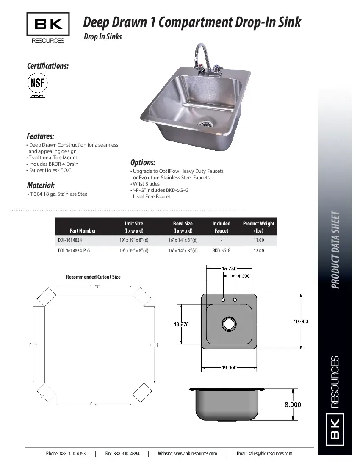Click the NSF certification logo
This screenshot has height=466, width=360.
(38, 83)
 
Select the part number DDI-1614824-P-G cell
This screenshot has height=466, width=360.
(74, 251)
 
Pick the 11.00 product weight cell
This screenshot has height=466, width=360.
(258, 240)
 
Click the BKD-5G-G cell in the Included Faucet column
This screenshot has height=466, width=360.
(221, 251)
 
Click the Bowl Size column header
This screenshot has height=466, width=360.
(183, 227)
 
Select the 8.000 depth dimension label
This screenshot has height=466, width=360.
(292, 405)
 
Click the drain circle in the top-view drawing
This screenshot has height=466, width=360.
(229, 324)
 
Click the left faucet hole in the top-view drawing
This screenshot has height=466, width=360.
(223, 300)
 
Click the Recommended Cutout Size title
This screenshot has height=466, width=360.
(93, 277)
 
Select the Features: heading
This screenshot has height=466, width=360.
(40, 136)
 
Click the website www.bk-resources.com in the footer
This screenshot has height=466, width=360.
(187, 453)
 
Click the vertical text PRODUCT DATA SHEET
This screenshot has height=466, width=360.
(335, 250)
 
